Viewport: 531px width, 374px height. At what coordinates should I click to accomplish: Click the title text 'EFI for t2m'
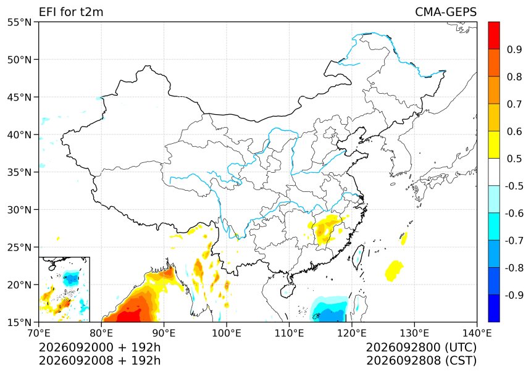[71, 12]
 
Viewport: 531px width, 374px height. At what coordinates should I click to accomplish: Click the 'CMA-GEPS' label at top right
[446, 12]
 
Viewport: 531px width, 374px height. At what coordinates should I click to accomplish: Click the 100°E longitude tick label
[227, 333]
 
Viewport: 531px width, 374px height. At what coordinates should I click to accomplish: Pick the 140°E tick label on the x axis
[477, 333]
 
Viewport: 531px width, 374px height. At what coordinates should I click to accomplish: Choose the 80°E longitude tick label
[101, 333]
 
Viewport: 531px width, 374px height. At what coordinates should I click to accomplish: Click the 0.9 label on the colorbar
[514, 49]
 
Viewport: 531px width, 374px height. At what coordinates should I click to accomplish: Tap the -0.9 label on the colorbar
[513, 295]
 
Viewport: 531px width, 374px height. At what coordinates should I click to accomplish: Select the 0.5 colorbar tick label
[514, 159]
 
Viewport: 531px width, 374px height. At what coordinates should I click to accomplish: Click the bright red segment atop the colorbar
[494, 36]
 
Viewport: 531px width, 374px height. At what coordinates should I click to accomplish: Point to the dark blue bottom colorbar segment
[494, 309]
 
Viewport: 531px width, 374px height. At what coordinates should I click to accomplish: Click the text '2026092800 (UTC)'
[421, 347]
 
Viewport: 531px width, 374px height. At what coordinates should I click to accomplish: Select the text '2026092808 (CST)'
[421, 360]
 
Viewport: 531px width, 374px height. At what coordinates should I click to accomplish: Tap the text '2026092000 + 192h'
[100, 347]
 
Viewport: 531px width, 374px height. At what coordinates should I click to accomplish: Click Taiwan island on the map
[358, 257]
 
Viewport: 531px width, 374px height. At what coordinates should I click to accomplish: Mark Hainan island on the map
[287, 291]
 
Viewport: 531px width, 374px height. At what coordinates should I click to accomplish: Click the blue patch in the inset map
[71, 278]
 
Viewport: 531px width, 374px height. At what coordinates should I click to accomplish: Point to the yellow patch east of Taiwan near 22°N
[394, 270]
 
